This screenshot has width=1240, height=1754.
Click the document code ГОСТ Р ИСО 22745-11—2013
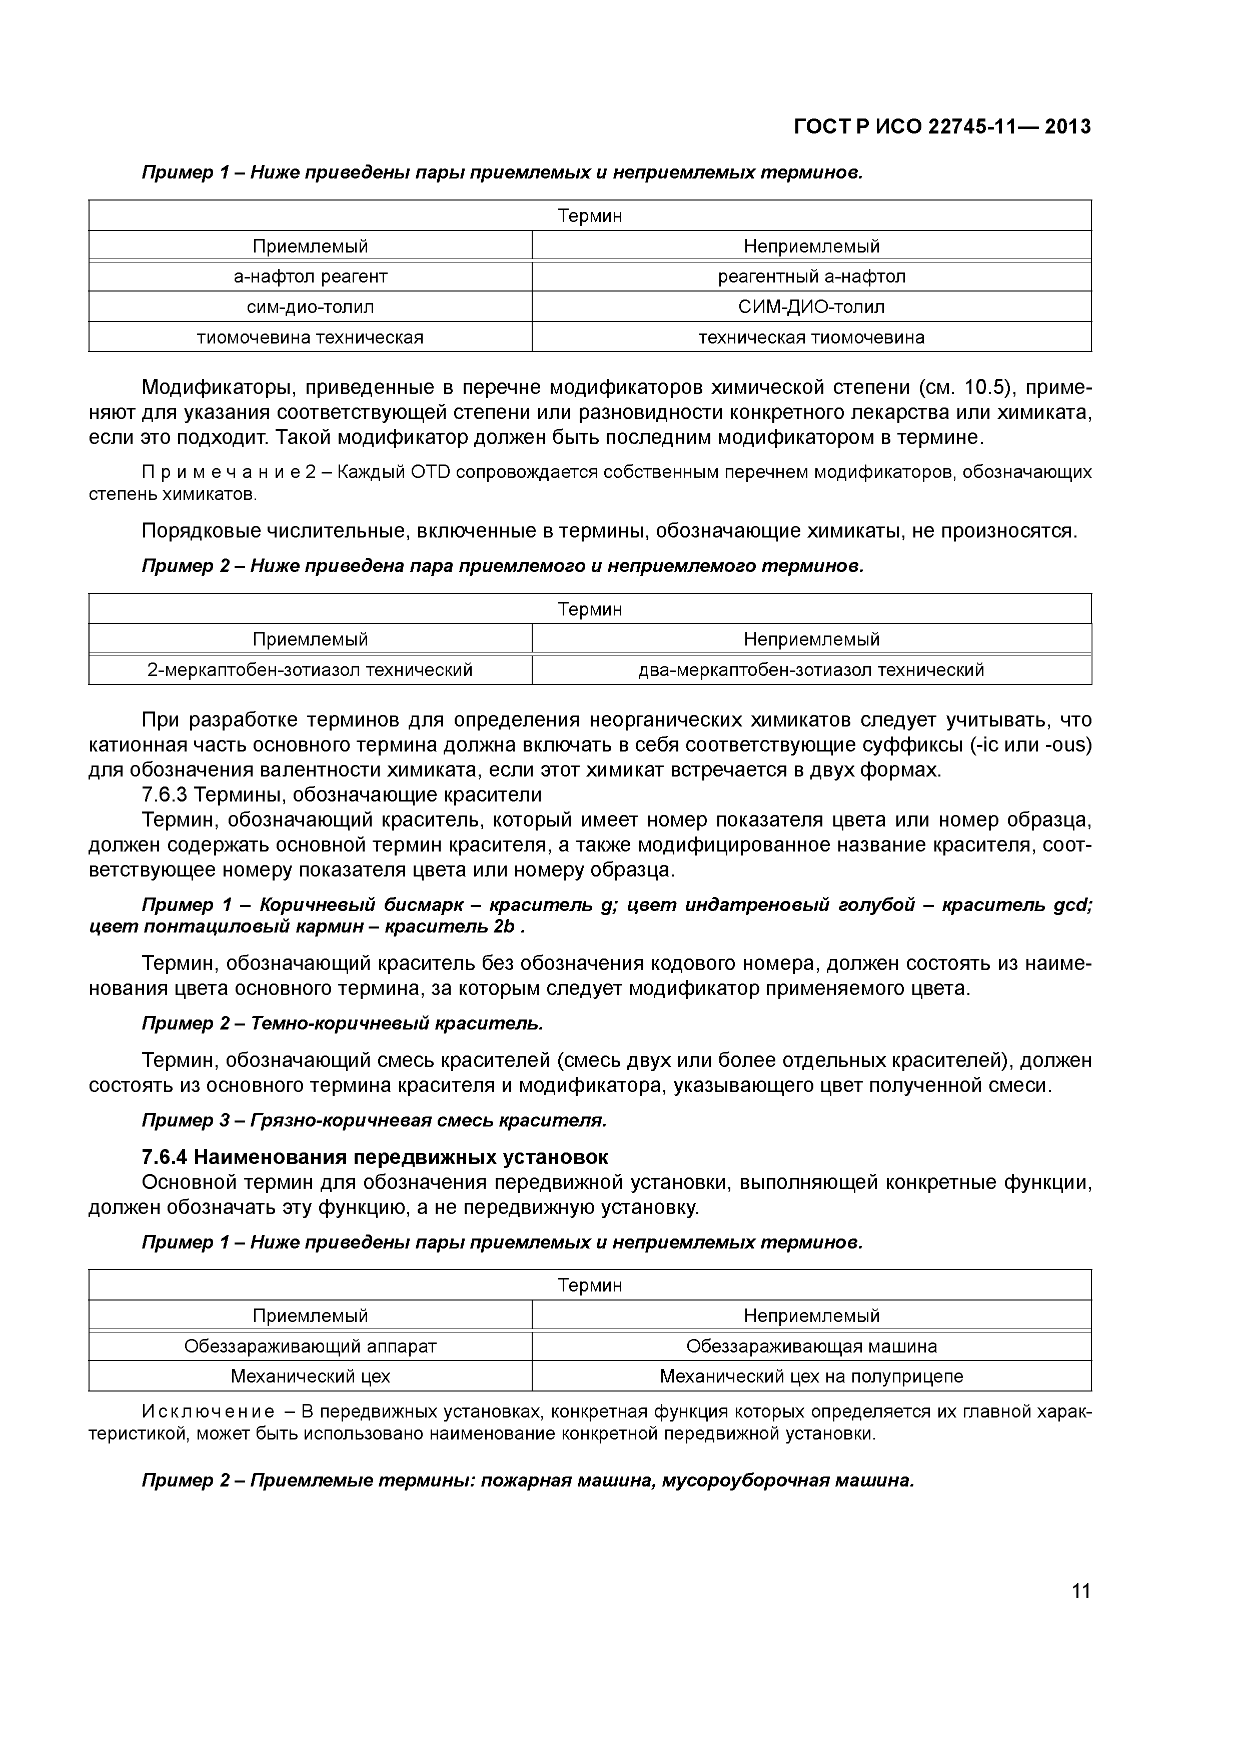pos(942,127)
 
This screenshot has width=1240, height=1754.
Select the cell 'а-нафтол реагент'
pos(310,276)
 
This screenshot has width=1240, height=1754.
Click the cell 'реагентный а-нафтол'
pos(811,276)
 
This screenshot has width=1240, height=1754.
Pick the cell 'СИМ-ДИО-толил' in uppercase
pos(811,307)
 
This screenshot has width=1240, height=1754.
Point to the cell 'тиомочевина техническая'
pos(310,337)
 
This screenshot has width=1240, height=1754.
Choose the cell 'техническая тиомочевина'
pos(811,337)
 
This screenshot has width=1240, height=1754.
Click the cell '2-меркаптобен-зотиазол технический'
pos(310,670)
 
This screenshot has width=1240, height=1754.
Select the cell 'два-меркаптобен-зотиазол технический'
pos(811,670)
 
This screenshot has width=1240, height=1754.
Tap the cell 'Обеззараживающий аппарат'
pos(310,1346)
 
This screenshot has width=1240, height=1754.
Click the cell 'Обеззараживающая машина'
pos(811,1346)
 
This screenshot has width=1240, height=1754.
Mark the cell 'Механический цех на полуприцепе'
pos(811,1376)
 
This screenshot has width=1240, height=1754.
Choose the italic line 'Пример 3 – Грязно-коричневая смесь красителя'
pos(374,1120)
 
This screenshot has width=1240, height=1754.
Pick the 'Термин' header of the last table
pos(590,1285)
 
